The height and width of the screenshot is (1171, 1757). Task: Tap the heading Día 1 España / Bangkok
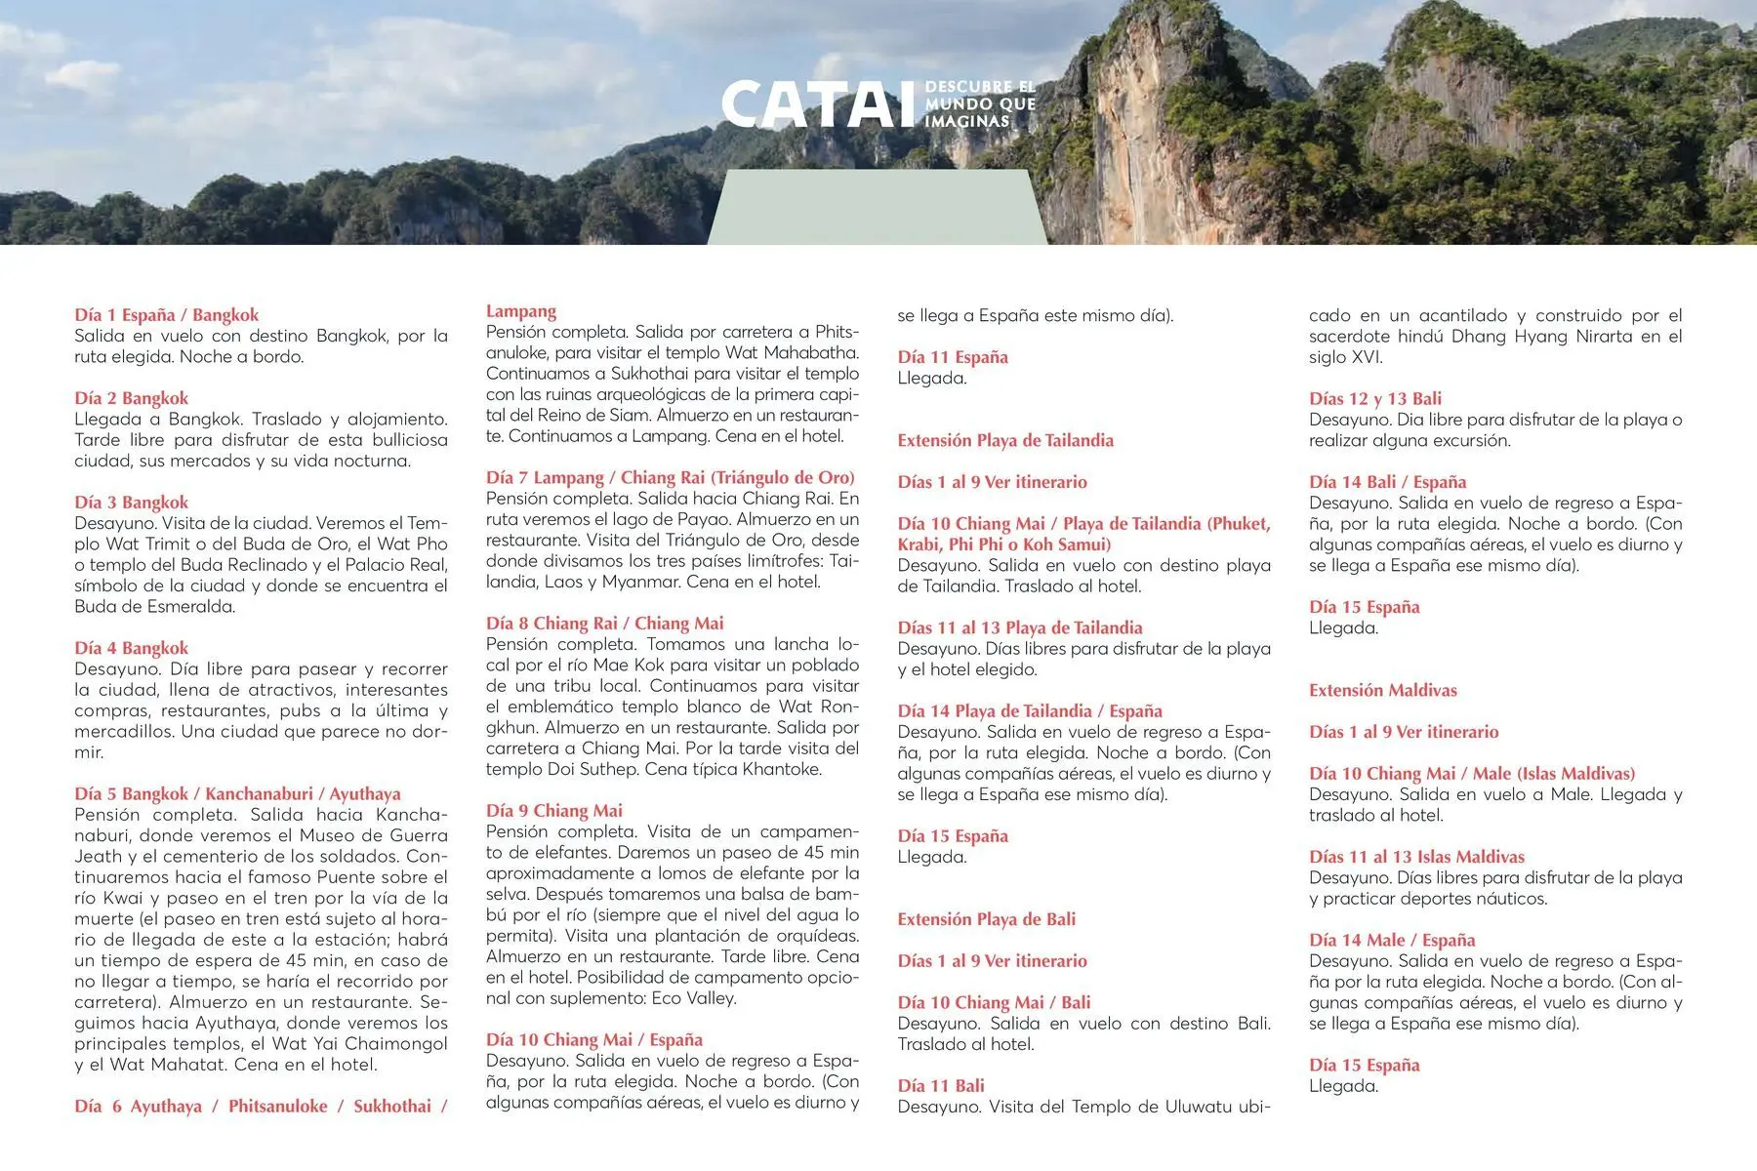167,314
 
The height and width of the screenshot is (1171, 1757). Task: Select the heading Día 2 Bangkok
132,398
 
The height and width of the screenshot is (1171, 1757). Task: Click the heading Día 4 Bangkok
132,648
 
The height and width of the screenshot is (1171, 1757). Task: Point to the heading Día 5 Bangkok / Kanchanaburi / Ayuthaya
237,793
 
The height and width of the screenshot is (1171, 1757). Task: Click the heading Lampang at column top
521,311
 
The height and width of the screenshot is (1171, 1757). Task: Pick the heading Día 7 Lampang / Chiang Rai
670,477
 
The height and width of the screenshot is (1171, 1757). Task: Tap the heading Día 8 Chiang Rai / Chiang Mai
605,623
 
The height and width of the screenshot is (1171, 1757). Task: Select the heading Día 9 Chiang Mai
553,810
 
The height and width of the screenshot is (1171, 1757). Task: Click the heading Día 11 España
953,357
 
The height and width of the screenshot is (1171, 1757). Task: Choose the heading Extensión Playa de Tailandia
1005,440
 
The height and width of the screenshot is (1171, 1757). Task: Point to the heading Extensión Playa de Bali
986,919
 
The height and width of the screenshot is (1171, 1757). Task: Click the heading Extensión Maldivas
1382,690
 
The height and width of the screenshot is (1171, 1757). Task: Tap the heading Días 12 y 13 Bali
1374,398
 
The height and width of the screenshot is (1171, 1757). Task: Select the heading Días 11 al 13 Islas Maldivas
1416,857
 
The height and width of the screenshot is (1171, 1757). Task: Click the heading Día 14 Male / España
1392,940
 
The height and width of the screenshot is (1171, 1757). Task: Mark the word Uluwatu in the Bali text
1199,1107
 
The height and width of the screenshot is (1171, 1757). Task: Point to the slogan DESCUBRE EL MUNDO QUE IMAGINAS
979,104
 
